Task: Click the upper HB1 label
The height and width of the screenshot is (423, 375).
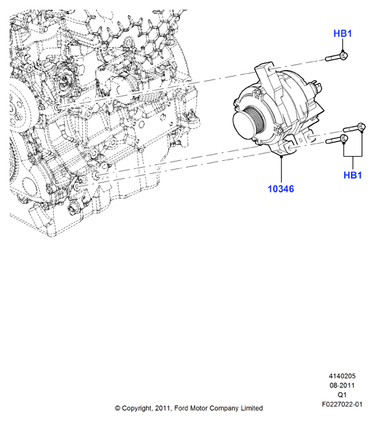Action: pyautogui.click(x=343, y=34)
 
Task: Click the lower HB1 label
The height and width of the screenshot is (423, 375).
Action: pyautogui.click(x=352, y=175)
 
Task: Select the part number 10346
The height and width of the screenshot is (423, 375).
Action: pyautogui.click(x=281, y=189)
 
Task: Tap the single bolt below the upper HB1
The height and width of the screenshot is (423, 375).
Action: pyautogui.click(x=337, y=57)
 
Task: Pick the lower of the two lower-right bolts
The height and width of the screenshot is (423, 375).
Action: pyautogui.click(x=337, y=139)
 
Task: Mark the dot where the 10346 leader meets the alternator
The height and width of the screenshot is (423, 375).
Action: pyautogui.click(x=281, y=155)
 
